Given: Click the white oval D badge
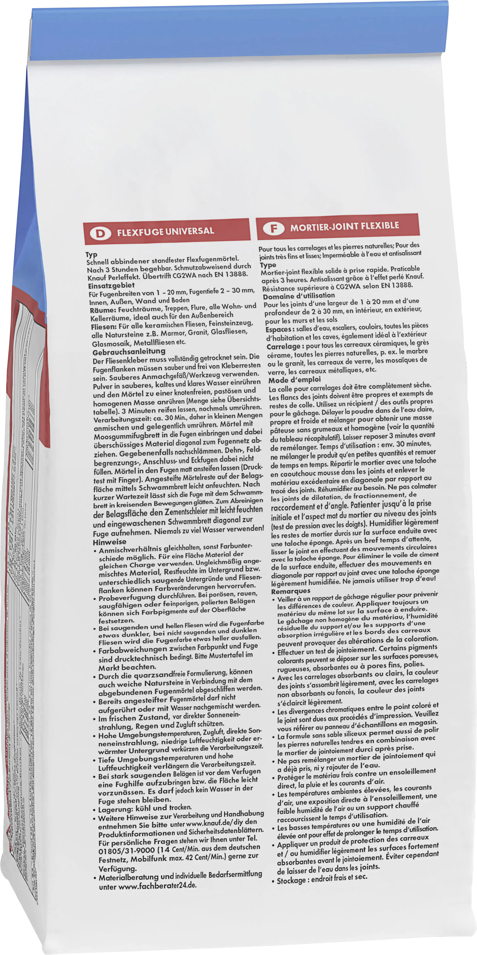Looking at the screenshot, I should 100,233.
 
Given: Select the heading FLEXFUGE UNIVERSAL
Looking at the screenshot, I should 165,231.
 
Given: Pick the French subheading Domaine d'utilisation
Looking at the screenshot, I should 299,296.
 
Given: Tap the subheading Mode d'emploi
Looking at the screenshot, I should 294,380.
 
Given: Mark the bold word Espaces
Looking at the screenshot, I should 279,330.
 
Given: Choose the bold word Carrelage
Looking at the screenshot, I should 283,347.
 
